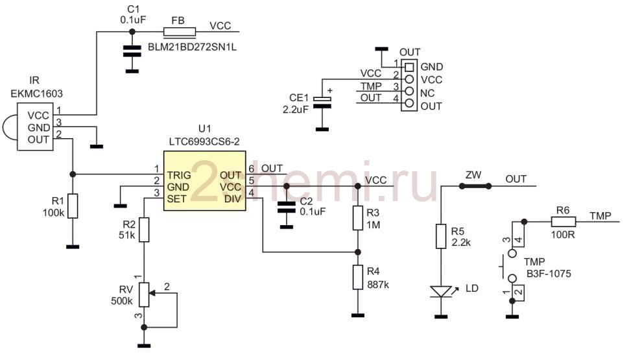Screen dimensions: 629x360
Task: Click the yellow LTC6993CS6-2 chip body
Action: click(x=204, y=180)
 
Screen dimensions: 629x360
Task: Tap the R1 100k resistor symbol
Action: click(x=73, y=206)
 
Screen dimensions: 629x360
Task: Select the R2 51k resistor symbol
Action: click(x=144, y=230)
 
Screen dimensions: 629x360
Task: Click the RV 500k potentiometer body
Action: click(x=144, y=294)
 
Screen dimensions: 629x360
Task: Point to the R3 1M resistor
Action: click(x=358, y=218)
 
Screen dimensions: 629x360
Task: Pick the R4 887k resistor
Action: click(x=358, y=278)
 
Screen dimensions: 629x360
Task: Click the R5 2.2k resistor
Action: click(x=441, y=236)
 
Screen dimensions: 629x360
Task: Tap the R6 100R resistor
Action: click(x=564, y=222)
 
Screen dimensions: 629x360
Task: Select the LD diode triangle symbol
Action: click(x=441, y=291)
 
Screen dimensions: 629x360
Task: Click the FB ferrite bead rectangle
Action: click(x=180, y=32)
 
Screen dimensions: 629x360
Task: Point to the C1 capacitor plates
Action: click(x=132, y=51)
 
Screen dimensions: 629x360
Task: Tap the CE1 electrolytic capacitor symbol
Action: click(x=322, y=102)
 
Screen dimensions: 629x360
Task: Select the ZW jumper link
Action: click(x=475, y=186)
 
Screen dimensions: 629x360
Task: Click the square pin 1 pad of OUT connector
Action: click(x=409, y=67)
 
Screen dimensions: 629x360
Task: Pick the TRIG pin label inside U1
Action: click(x=180, y=175)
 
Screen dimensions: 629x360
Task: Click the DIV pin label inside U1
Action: click(x=233, y=199)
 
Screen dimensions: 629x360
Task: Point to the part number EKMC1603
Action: click(x=36, y=94)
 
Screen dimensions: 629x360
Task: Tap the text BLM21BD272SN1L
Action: click(x=192, y=47)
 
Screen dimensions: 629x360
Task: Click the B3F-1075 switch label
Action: click(x=549, y=274)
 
